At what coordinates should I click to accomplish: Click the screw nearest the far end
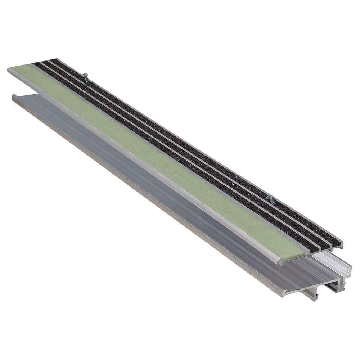point(86,77)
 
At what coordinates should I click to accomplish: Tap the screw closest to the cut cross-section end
point(271,200)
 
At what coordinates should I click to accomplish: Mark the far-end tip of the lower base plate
point(14,96)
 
